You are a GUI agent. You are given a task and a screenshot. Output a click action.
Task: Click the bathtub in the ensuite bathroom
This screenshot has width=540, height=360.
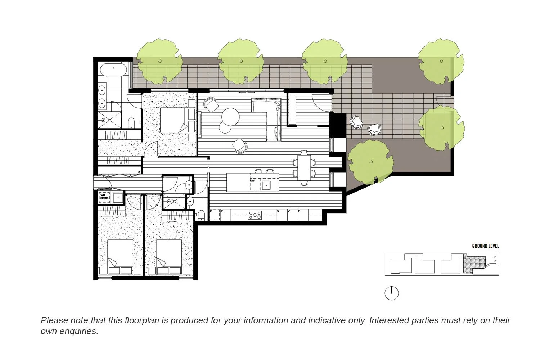click(x=113, y=69)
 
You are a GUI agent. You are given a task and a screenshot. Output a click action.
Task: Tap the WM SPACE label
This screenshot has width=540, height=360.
click(x=104, y=197)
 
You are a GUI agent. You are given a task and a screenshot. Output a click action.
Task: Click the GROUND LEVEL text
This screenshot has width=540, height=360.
click(x=485, y=246)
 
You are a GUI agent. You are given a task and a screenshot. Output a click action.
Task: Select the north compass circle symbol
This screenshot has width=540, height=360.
click(x=392, y=293)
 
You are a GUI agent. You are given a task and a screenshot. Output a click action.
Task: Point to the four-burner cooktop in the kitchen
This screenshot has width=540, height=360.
click(x=255, y=215)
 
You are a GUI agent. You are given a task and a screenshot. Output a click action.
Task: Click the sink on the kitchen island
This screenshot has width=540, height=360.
click(x=266, y=185)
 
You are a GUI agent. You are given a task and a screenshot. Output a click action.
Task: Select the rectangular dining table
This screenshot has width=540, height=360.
click(x=304, y=167)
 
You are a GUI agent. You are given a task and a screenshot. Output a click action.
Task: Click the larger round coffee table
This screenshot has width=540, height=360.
click(x=230, y=116)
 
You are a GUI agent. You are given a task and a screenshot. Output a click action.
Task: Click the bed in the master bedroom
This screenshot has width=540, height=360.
click(x=174, y=120)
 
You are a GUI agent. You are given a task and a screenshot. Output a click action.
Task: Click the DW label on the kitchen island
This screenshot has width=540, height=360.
click(x=252, y=181)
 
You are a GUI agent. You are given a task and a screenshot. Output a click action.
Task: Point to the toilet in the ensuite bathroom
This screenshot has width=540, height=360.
click(x=131, y=122)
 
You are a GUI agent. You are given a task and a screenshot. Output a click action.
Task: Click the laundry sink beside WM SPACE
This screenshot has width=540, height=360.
click(x=118, y=197)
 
